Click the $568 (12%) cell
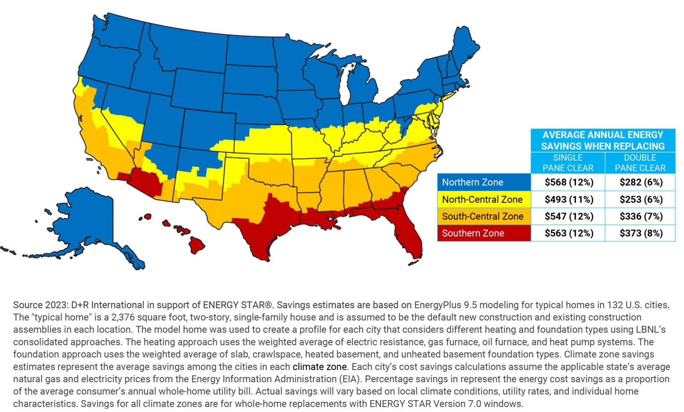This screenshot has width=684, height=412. pos(569,183)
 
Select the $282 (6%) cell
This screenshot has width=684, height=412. pos(641,183)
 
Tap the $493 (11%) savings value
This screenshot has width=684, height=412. pos(569,199)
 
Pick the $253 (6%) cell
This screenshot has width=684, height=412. pos(641,199)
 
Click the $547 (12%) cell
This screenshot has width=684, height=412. pos(569,216)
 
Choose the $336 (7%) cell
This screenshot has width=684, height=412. pos(641,216)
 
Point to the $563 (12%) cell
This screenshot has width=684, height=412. pos(569,233)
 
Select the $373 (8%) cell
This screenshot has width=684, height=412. pos(641,233)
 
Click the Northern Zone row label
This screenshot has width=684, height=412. pos(472,183)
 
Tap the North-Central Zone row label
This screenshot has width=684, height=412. pos(482,199)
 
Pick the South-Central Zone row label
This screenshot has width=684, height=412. pos(482,216)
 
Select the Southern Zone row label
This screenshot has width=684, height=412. pos(473,233)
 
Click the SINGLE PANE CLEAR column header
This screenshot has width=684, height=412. pos(568,163)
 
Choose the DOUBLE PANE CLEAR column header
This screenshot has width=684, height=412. pos(640,163)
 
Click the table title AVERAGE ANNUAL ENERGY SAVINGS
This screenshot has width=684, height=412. pos(603,140)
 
